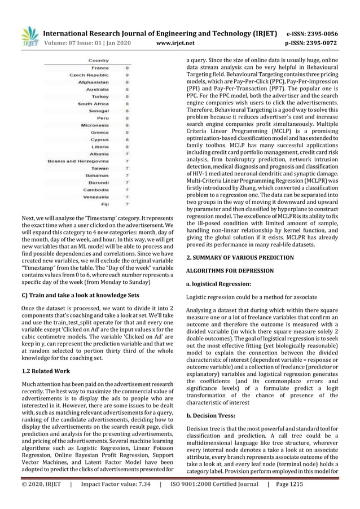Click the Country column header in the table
99,60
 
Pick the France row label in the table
100,68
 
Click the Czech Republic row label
89,75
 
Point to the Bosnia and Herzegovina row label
78,161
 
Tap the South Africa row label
94,104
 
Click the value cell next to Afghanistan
127,82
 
